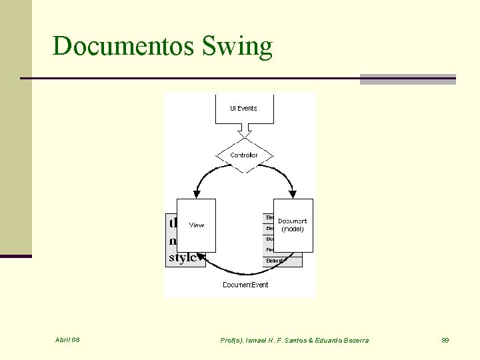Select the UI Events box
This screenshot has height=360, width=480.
[x=244, y=108]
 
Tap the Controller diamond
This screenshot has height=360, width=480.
[x=244, y=155]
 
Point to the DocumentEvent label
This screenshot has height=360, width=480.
[x=245, y=285]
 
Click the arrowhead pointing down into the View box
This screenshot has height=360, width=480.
[x=196, y=195]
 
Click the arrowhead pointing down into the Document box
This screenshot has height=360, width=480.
[x=292, y=195]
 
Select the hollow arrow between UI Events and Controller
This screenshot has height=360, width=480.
[x=245, y=133]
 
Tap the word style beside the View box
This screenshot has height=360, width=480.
[x=182, y=257]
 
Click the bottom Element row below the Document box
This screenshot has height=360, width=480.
[x=281, y=261]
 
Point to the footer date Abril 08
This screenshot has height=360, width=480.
[x=67, y=340]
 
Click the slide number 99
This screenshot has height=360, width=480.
[x=445, y=340]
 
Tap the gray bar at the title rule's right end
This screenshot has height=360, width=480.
[x=407, y=79]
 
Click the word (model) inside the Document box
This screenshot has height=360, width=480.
[x=293, y=229]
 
